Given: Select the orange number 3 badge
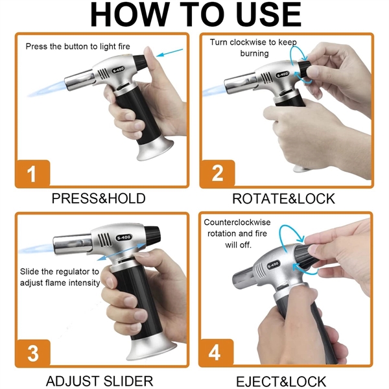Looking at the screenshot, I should click(32, 353).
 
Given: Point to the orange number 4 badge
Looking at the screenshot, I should click(215, 353).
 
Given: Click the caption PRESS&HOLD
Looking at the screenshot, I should click(99, 198).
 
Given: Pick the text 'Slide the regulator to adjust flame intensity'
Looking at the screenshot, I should click(60, 277).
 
